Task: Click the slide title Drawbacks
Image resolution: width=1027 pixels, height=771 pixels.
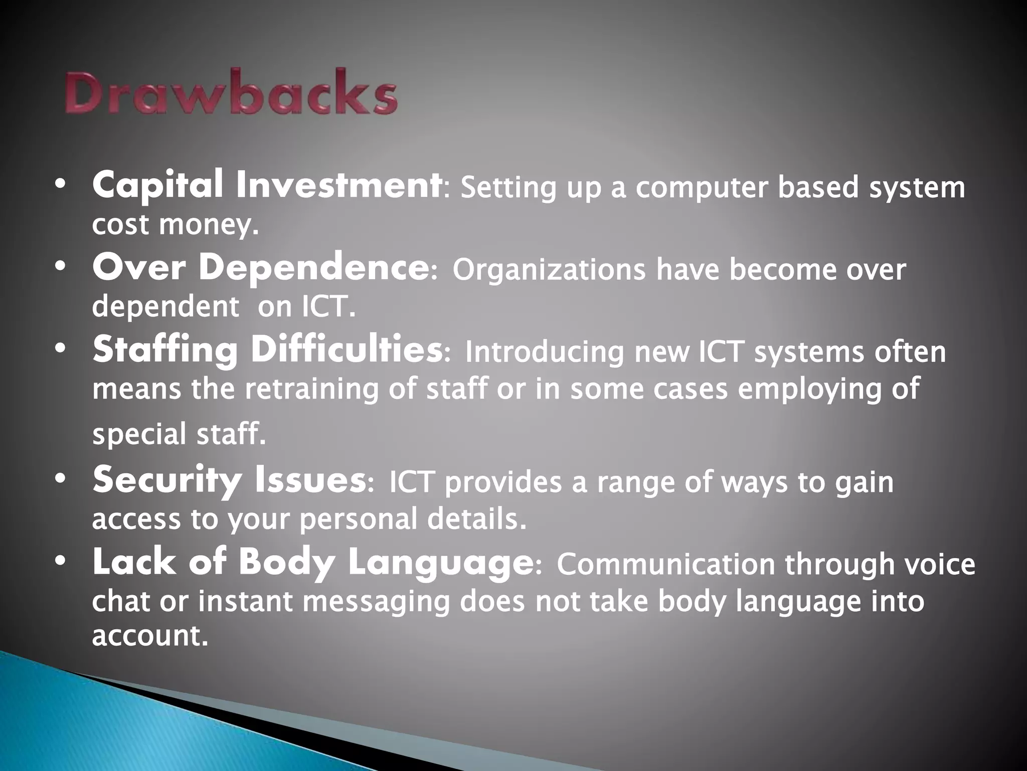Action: click(231, 94)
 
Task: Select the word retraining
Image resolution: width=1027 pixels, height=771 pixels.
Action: click(311, 389)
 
